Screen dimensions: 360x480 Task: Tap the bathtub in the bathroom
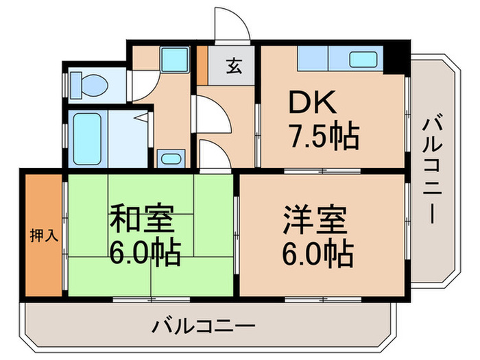click(86, 137)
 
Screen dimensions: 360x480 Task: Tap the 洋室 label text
click(315, 221)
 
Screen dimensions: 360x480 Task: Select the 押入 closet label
click(44, 235)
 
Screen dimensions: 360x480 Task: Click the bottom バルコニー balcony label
click(204, 325)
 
